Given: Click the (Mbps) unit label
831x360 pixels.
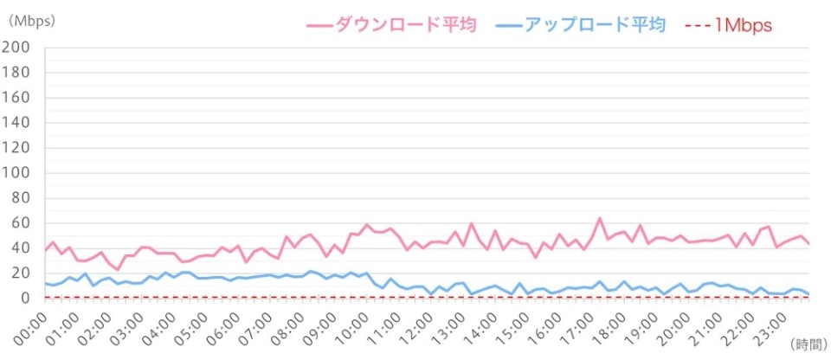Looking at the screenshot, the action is tap(32, 21).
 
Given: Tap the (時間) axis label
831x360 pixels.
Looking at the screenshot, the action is tap(808, 344).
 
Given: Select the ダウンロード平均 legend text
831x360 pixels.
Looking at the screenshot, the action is tap(405, 25).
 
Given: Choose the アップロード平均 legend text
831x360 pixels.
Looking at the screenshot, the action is tap(595, 25).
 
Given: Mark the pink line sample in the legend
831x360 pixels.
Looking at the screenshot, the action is tap(319, 25).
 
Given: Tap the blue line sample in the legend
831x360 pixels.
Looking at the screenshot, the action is tap(509, 25).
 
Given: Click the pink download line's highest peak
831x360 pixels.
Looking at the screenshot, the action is tap(600, 218).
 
